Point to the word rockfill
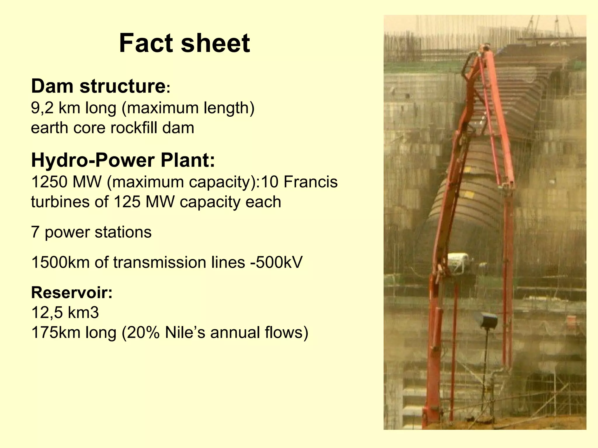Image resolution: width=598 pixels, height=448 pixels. click(x=134, y=128)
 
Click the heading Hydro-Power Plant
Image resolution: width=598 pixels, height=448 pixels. click(x=123, y=160)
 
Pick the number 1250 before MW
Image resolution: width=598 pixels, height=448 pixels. click(x=49, y=182)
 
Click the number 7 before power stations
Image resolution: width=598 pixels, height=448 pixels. click(x=35, y=232)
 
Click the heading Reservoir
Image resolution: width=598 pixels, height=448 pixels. click(x=72, y=293)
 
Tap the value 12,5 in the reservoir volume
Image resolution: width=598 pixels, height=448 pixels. click(x=47, y=312)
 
